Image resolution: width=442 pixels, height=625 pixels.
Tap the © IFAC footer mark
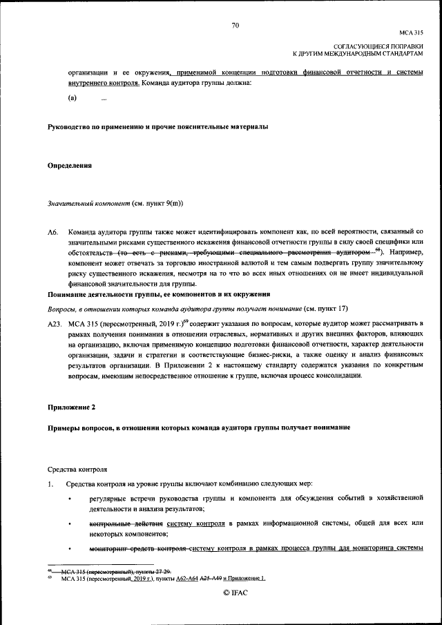[235, 593]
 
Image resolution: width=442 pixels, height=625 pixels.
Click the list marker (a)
[71, 99]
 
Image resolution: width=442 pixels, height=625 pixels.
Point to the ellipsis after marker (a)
[104, 99]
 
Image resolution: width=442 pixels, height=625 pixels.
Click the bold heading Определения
[69, 166]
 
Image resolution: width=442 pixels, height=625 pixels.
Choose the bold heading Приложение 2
[71, 408]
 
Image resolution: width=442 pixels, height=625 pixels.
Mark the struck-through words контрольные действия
[125, 525]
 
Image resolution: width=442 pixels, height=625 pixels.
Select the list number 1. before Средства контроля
[50, 484]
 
